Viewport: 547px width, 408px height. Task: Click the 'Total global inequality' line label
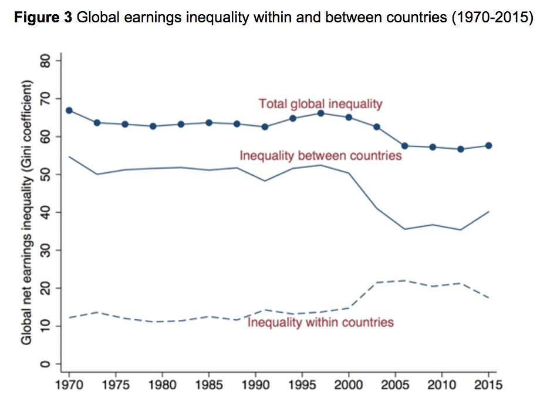320,104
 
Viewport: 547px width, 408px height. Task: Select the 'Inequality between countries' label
320,156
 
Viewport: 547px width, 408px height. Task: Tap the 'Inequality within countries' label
320,322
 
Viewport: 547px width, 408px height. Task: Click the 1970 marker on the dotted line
69,111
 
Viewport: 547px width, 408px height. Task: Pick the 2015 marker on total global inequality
488,145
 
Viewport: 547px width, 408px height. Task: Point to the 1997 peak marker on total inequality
320,113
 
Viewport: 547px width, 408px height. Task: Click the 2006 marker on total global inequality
404,146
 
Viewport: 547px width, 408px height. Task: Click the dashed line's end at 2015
488,298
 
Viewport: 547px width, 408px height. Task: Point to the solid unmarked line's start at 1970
69,156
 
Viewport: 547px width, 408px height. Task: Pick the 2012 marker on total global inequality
461,149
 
